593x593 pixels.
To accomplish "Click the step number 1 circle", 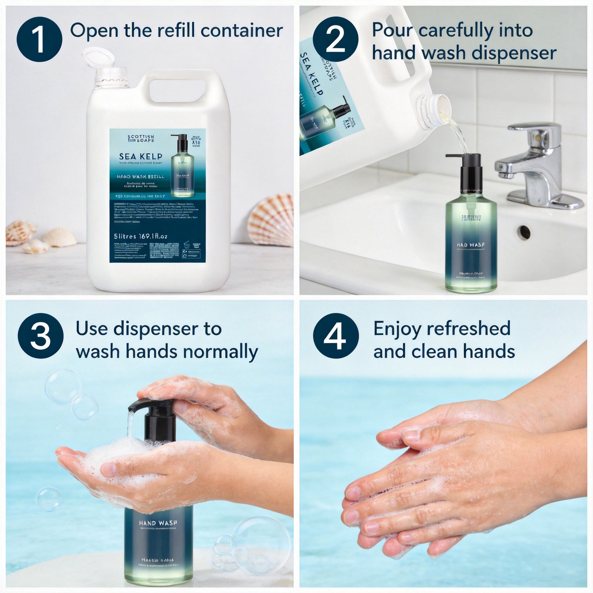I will point(40,39).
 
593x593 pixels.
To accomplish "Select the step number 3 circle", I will point(41,336).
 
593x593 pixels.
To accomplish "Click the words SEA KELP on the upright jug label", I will point(140,157).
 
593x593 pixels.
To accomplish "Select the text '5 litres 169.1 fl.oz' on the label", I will point(140,236).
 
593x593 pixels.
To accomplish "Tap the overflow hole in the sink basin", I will point(523,230).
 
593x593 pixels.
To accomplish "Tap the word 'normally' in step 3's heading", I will point(221,352).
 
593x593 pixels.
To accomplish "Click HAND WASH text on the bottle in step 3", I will point(158,523).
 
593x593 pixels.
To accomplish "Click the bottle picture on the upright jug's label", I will point(182,166).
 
